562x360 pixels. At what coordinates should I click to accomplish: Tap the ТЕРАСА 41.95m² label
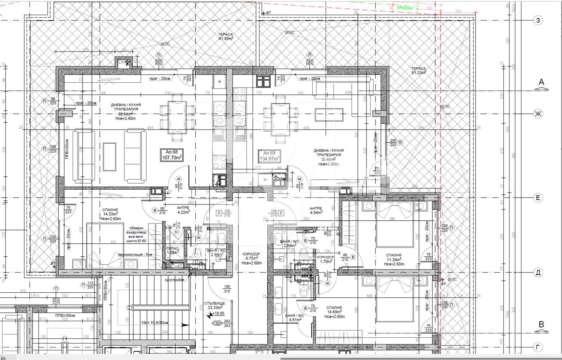[226, 36]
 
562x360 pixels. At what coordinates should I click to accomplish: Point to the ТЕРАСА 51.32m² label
[418, 70]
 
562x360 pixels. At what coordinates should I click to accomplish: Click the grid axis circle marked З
[538, 20]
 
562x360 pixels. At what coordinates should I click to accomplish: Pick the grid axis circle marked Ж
[538, 114]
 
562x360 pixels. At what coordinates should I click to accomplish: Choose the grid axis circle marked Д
[538, 273]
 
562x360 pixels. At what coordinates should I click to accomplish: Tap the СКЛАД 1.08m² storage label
[172, 251]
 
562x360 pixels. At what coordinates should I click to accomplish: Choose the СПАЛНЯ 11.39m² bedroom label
[394, 259]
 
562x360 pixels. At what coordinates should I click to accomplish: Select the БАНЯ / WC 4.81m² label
[294, 318]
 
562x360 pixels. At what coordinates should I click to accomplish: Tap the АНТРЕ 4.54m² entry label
[316, 210]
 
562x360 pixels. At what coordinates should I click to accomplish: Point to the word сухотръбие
[174, 280]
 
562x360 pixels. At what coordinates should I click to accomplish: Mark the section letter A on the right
[541, 82]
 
